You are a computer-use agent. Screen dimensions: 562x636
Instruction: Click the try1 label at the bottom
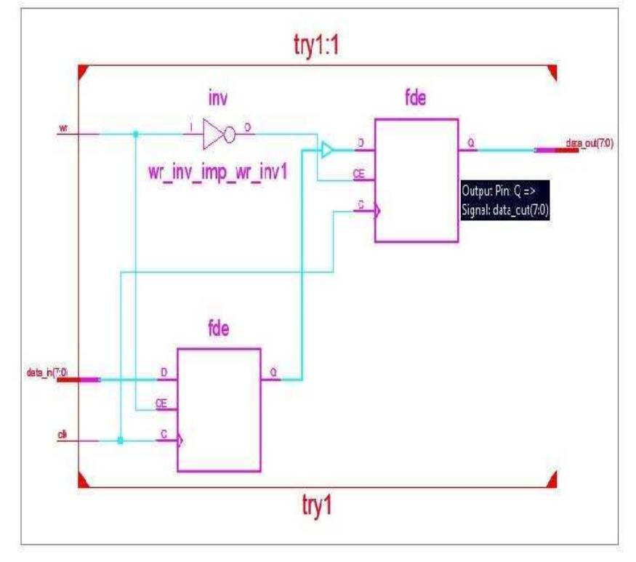(x=317, y=505)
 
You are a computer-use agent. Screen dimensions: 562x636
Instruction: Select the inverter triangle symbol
(x=216, y=133)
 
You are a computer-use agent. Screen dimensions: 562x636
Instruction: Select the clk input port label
(x=63, y=434)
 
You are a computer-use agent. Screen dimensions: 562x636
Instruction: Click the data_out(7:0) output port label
(x=589, y=143)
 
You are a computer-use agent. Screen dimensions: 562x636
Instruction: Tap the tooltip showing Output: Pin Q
(x=504, y=200)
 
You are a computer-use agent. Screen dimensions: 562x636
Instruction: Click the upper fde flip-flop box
(x=416, y=180)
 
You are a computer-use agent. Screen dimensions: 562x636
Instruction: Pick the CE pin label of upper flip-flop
(x=359, y=174)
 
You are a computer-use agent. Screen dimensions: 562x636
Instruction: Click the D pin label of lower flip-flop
(x=163, y=373)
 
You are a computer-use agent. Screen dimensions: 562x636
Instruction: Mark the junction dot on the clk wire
(x=120, y=441)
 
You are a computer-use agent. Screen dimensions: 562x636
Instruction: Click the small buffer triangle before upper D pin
(x=327, y=150)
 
